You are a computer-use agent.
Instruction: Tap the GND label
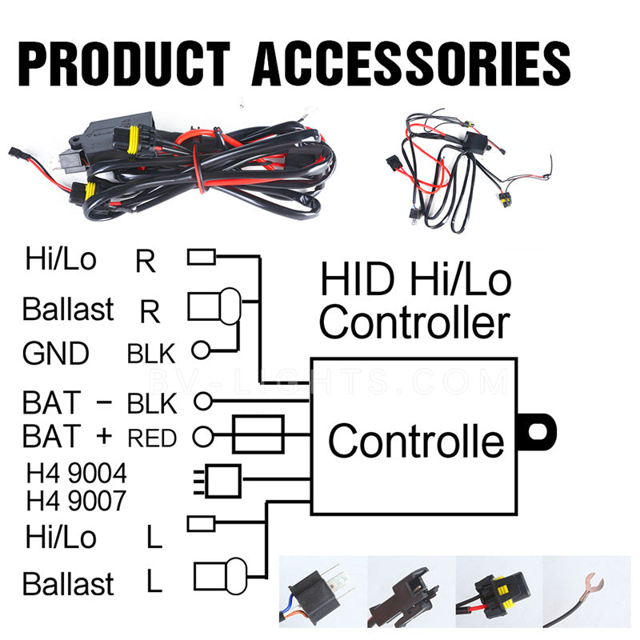[56, 353]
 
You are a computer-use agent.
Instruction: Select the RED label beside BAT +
[152, 438]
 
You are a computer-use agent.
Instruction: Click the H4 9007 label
[76, 501]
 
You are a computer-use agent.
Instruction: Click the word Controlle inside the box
[416, 441]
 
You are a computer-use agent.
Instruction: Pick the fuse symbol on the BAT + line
[258, 434]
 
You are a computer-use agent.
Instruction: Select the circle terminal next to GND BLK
[200, 350]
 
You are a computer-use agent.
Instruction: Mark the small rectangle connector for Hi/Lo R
[202, 257]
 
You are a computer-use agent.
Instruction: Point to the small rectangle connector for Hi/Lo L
[202, 523]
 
